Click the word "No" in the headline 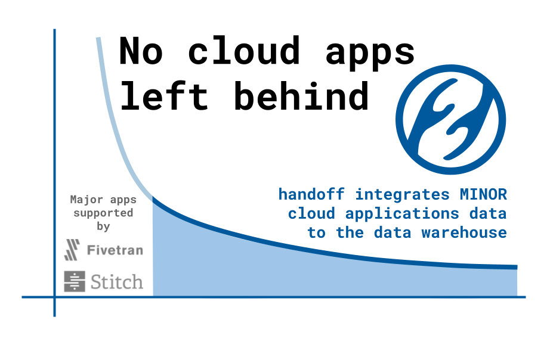click(141, 51)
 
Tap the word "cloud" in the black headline click(244, 50)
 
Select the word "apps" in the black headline click(370, 54)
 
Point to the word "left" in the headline click(163, 95)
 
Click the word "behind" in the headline click(302, 95)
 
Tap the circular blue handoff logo click(451, 120)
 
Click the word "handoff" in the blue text click(311, 194)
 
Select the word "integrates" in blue click(402, 194)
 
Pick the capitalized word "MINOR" click(484, 194)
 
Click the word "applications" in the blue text click(402, 213)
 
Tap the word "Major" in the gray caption click(86, 200)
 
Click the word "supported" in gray click(103, 213)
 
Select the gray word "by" click(103, 226)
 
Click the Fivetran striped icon click(72, 250)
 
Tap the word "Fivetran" click(115, 250)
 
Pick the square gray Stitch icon click(75, 281)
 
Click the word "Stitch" click(117, 282)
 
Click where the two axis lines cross click(54, 297)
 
